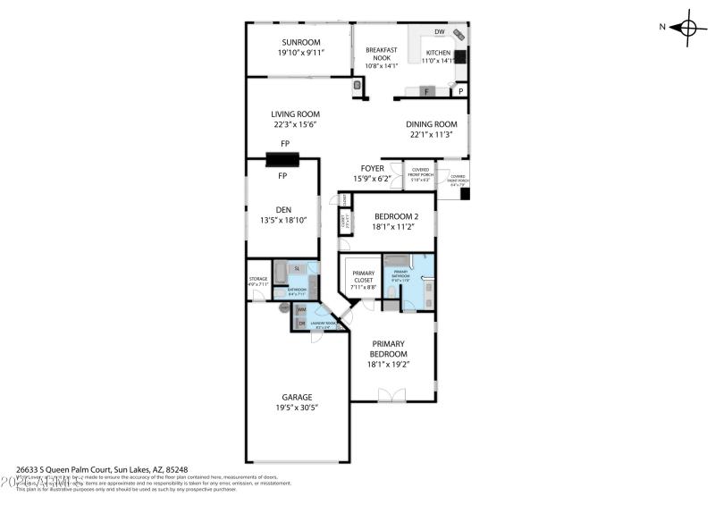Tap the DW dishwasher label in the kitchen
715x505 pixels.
439,32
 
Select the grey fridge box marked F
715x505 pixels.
426,91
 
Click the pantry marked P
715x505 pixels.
461,91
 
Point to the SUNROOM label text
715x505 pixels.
300,42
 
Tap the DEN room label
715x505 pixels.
283,210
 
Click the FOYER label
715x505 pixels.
372,168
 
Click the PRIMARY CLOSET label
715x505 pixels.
363,277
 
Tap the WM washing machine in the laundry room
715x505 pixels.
301,309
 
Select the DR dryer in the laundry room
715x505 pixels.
301,323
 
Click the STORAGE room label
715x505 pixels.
257,279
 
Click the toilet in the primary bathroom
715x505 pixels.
408,305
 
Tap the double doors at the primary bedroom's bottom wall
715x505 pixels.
391,395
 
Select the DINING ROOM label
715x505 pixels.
432,124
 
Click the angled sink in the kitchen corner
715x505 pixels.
458,36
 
